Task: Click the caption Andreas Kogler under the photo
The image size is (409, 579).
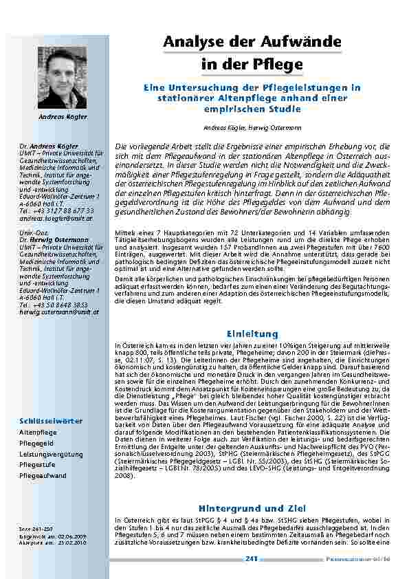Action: (x=63, y=117)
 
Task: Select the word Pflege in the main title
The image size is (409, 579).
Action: (x=279, y=65)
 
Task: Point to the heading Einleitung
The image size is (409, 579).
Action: (x=252, y=334)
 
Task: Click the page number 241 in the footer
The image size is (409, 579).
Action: (x=252, y=560)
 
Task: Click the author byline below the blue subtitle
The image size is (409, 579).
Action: (x=252, y=128)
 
